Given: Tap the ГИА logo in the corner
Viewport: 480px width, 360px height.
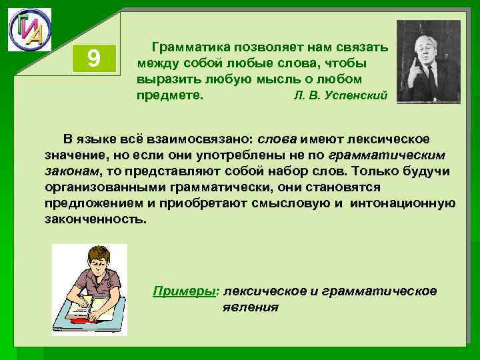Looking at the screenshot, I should pos(29,30).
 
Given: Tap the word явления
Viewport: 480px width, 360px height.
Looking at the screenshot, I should pos(251,307).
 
